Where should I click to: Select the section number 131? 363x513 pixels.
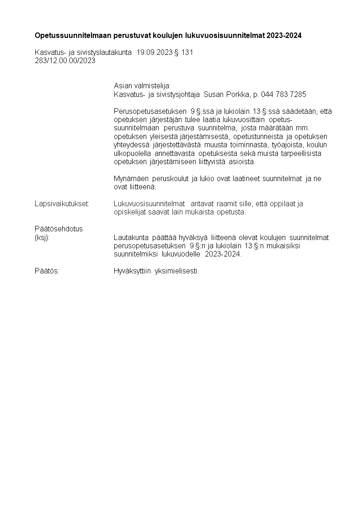coord(187,53)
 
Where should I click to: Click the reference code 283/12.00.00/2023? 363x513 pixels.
coord(65,61)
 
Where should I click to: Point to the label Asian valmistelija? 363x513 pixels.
coord(142,85)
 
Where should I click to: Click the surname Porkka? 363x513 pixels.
coord(238,94)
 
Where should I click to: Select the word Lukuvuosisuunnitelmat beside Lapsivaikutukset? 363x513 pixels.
coord(149,203)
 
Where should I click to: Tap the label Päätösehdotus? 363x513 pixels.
coord(59,229)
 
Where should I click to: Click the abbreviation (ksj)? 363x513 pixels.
coord(42,237)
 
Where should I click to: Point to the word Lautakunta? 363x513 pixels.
coord(130,237)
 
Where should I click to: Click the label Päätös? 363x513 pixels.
coord(47,271)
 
